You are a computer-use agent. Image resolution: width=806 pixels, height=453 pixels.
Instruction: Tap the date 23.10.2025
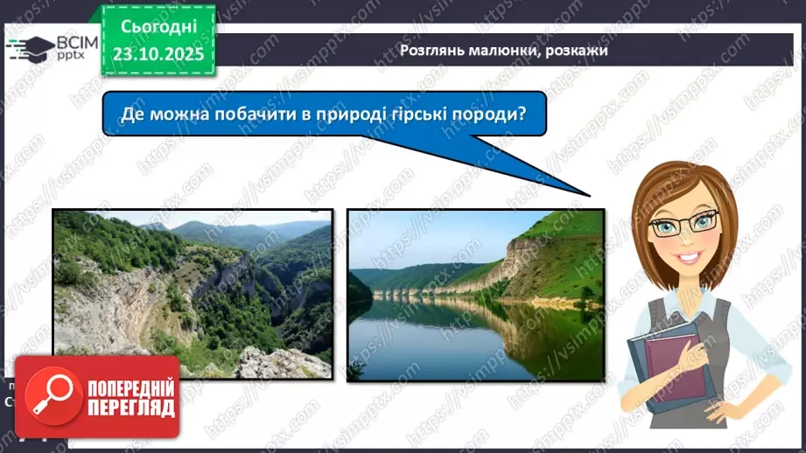(158, 54)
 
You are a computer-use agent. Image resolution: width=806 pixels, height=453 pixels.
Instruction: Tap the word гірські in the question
(417, 114)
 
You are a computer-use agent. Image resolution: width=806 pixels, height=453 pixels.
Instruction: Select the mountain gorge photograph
(193, 294)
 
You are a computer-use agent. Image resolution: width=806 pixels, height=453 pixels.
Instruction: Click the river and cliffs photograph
(476, 294)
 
